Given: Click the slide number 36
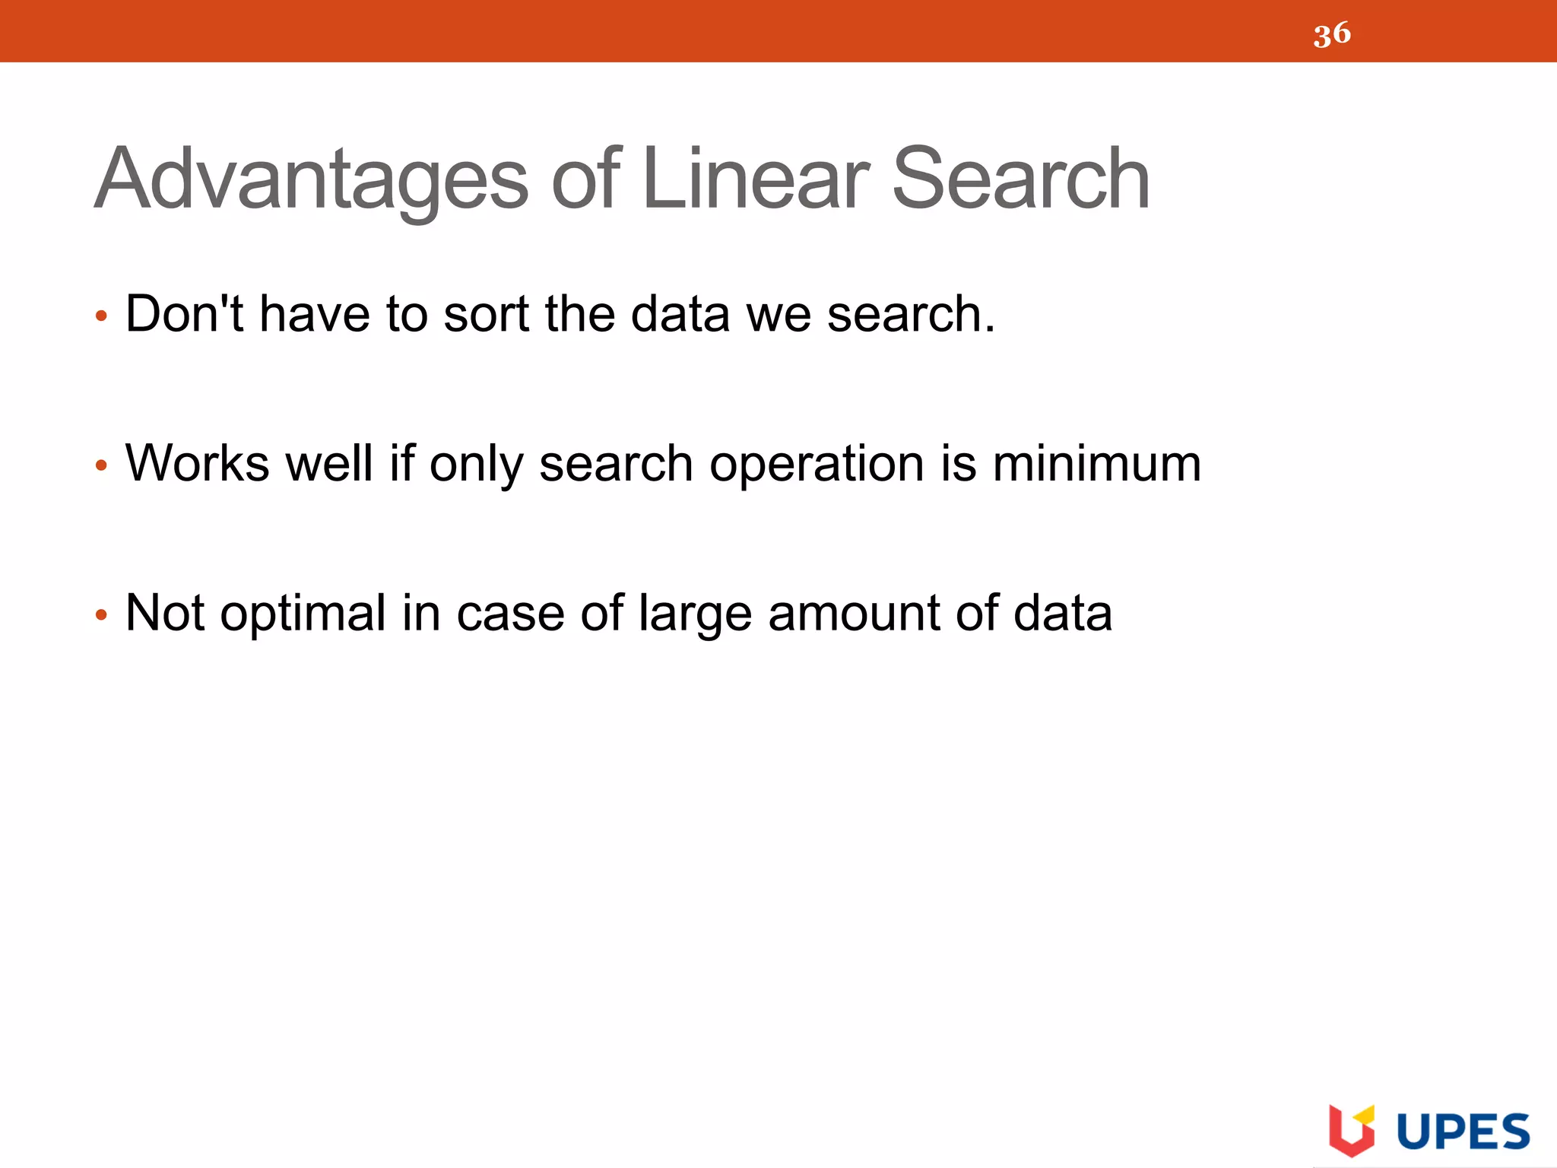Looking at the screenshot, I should point(1332,34).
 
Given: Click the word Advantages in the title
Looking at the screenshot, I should point(311,179).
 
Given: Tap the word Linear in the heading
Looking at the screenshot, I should point(756,179).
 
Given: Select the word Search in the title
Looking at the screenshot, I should point(1020,179).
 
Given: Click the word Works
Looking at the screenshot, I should point(198,463).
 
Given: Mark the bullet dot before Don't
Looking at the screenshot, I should point(101,316).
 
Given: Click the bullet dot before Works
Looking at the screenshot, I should point(101,465).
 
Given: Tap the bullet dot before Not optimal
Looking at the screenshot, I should point(101,614).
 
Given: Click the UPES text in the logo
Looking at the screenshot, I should point(1463,1131).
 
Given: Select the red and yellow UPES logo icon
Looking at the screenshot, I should point(1351,1129).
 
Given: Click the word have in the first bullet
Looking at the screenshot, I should point(315,313).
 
